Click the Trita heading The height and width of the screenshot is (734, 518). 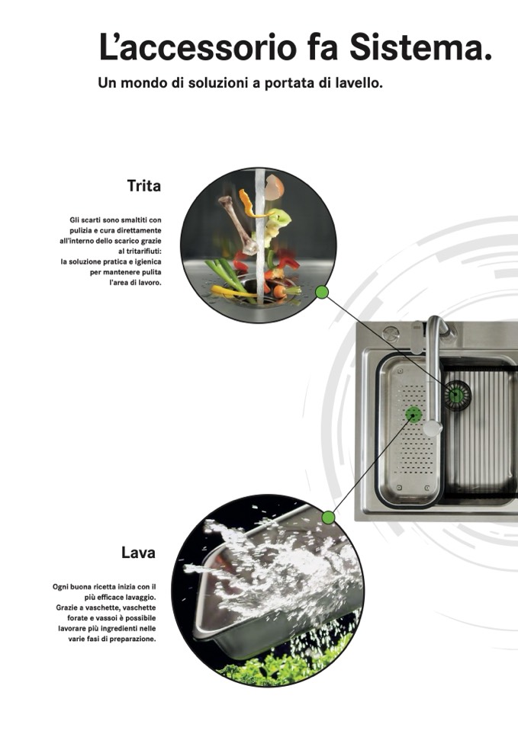pyautogui.click(x=143, y=186)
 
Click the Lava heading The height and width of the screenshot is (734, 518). pyautogui.click(x=138, y=553)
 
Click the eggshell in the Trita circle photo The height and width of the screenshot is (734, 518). pyautogui.click(x=274, y=187)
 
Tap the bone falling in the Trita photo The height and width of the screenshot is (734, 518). pyautogui.click(x=237, y=225)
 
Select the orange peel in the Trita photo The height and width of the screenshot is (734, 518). pyautogui.click(x=250, y=204)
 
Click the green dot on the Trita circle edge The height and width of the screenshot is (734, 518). pyautogui.click(x=322, y=292)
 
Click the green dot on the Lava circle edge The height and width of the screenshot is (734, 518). pyautogui.click(x=328, y=518)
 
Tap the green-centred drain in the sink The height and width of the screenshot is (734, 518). pyautogui.click(x=457, y=396)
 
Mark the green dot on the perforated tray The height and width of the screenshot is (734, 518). pyautogui.click(x=413, y=415)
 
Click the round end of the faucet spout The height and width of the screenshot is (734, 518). pyautogui.click(x=432, y=428)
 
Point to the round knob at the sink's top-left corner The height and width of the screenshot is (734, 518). pyautogui.click(x=391, y=334)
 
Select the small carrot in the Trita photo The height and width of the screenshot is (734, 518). pyautogui.click(x=281, y=291)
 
